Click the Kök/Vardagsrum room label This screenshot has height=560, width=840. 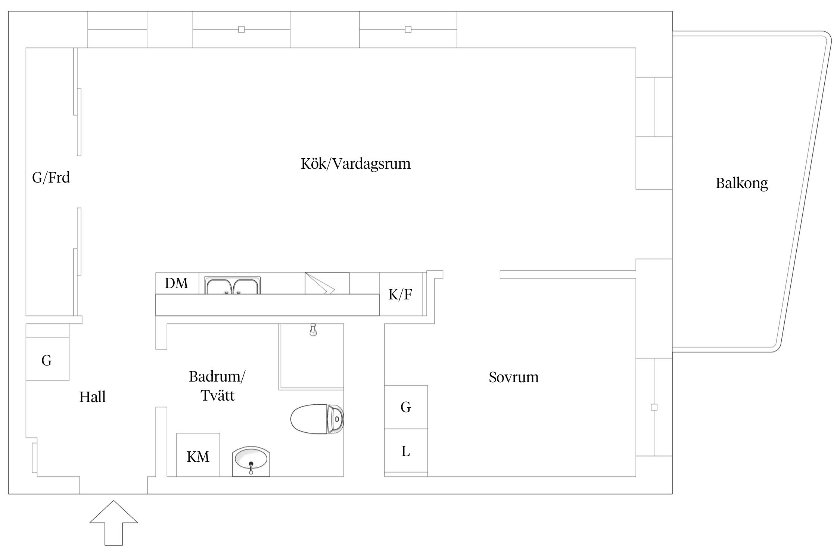(355, 164)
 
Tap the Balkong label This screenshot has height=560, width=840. (741, 183)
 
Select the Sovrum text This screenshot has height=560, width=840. (513, 377)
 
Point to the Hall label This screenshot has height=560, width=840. (92, 397)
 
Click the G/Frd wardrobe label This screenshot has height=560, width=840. (51, 178)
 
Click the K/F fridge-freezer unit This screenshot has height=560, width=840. (401, 295)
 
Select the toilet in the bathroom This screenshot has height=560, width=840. (317, 419)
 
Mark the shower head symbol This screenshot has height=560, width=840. (313, 330)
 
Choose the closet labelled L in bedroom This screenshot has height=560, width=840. (406, 451)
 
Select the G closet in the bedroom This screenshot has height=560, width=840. (406, 407)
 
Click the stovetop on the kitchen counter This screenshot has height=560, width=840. (327, 283)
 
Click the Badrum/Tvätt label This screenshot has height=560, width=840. (217, 386)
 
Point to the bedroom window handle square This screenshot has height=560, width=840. (654, 407)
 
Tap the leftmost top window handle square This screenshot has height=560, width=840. (242, 29)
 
